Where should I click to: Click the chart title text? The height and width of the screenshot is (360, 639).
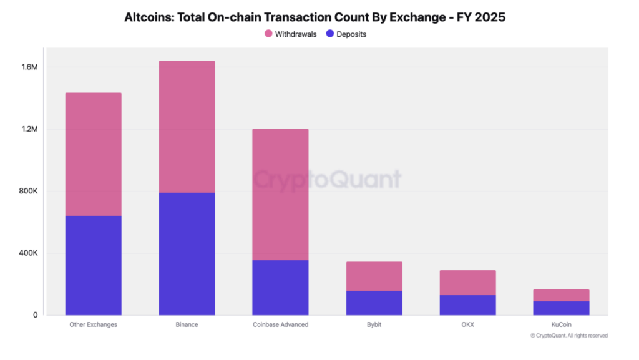click(315, 17)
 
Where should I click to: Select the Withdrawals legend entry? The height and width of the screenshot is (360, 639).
click(291, 34)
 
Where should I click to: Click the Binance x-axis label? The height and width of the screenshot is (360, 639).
click(187, 324)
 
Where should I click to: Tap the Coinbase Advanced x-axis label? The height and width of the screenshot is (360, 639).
click(280, 324)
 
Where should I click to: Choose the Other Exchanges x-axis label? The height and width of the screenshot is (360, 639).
click(93, 324)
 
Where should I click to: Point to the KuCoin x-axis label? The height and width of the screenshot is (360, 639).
click(561, 324)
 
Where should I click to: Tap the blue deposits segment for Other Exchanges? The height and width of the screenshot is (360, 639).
click(93, 265)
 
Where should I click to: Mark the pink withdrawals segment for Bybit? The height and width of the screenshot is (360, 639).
click(374, 276)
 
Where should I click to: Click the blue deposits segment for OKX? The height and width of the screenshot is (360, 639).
click(467, 305)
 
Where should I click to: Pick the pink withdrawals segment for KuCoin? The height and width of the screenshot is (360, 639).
click(561, 295)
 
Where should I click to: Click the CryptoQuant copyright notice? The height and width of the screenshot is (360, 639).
click(568, 336)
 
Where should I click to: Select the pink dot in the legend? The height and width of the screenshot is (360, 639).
click(268, 34)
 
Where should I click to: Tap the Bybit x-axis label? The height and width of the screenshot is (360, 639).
click(374, 324)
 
